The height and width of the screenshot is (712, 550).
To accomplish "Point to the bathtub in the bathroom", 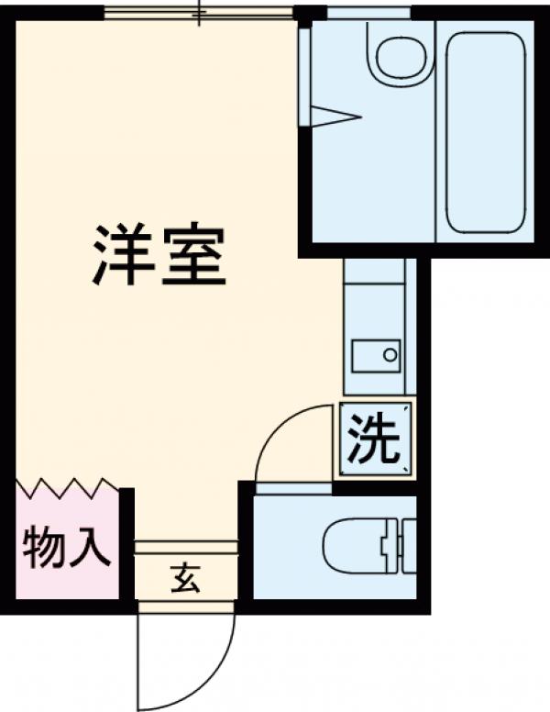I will pos(486,133).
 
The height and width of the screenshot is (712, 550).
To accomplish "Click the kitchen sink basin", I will pos(376,354).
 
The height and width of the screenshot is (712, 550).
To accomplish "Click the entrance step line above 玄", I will pos(186,548).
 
